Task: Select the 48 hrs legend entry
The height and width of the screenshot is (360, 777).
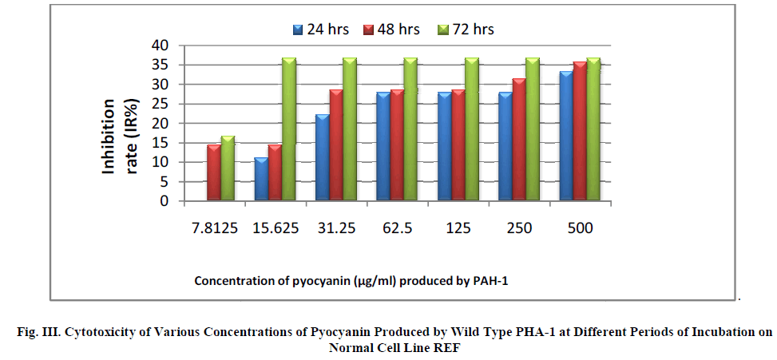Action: tap(394, 30)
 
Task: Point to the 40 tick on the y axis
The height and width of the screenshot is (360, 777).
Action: tap(162, 45)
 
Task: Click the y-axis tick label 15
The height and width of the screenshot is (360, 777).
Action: tap(162, 143)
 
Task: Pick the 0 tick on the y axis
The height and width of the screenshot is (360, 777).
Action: tap(166, 201)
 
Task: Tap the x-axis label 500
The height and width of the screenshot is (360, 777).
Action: tap(580, 227)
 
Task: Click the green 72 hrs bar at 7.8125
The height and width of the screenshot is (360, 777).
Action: tap(228, 168)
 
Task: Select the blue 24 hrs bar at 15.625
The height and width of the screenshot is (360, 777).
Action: tap(260, 180)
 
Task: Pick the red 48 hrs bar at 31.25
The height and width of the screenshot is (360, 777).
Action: tap(335, 145)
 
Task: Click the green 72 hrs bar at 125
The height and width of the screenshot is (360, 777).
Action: tap(471, 129)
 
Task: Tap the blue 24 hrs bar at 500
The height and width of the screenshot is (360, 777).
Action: tap(565, 136)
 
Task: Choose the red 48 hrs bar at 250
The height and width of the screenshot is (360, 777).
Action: tap(518, 140)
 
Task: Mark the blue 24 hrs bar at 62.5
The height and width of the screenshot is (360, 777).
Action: tap(383, 147)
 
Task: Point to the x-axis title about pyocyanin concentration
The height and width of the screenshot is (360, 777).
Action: tap(352, 281)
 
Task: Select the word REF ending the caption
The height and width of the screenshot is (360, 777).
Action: tap(449, 348)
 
